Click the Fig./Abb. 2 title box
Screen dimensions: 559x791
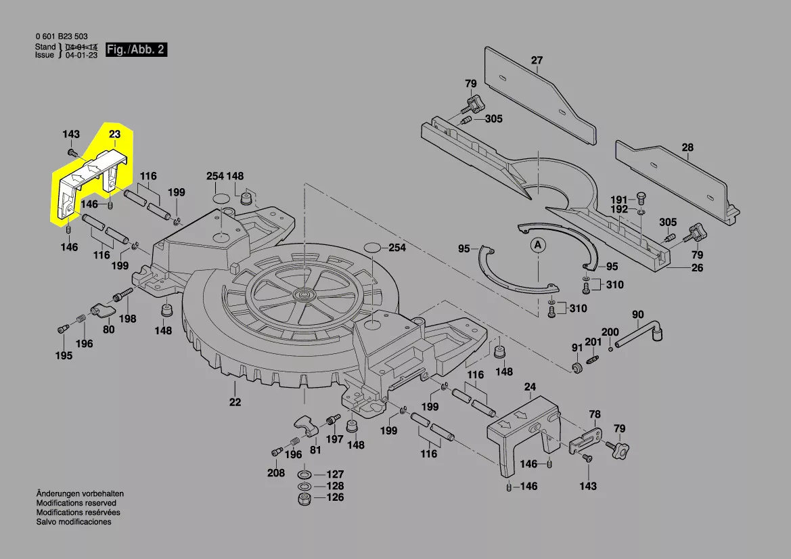point(136,50)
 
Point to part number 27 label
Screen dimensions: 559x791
point(537,61)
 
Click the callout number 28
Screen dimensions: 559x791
point(687,148)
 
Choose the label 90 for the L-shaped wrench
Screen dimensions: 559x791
point(638,315)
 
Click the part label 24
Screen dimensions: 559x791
point(530,388)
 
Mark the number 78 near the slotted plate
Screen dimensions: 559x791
point(595,414)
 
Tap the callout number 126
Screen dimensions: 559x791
point(336,497)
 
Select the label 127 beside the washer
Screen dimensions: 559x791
point(336,474)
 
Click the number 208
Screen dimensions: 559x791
point(275,473)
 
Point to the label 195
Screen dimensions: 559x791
point(64,356)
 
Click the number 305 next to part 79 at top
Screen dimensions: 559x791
point(493,119)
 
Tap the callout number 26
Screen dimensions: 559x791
point(697,268)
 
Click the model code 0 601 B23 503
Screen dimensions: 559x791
point(61,37)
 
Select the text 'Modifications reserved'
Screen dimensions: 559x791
point(76,504)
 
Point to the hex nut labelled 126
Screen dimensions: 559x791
point(304,499)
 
